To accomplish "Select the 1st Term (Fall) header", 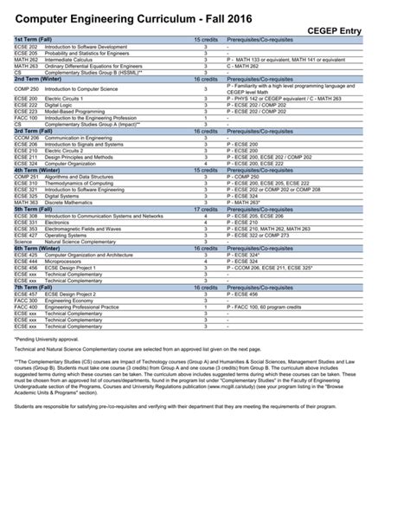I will tap(34, 40).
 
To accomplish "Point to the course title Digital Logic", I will tap(57, 105).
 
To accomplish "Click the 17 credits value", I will tap(206, 209).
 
